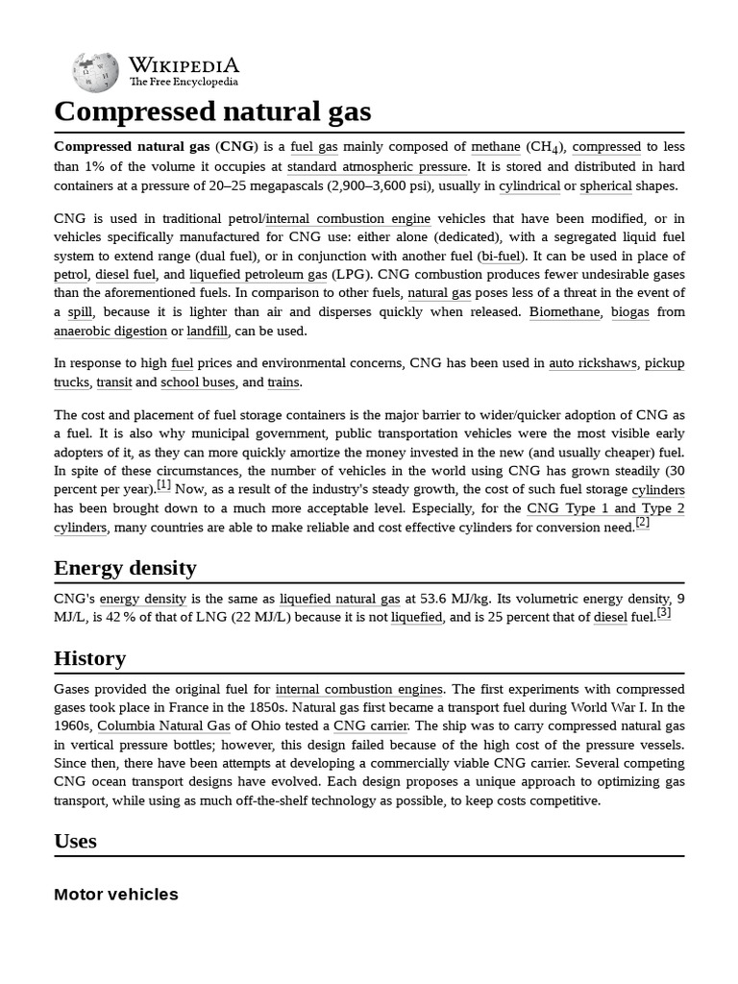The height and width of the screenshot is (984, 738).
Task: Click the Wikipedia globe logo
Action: (x=95, y=72)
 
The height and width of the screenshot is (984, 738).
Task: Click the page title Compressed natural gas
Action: (x=212, y=111)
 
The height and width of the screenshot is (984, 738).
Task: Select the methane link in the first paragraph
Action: (x=495, y=147)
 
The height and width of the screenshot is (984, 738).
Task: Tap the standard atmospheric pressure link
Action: (x=371, y=166)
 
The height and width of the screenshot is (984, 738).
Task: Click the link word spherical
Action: (x=606, y=185)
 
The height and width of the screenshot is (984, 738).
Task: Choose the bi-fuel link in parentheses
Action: (x=499, y=256)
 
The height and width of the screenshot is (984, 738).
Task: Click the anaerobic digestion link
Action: (x=111, y=331)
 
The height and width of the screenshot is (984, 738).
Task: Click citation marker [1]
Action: (x=163, y=485)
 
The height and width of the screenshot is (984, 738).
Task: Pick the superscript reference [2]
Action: (x=642, y=522)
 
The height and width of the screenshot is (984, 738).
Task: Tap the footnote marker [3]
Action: (x=663, y=612)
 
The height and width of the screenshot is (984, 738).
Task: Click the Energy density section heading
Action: (x=125, y=568)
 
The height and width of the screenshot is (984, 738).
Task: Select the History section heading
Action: (x=89, y=658)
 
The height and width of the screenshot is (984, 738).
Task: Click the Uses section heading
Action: (x=75, y=841)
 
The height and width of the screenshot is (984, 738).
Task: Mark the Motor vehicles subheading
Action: (x=116, y=895)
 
